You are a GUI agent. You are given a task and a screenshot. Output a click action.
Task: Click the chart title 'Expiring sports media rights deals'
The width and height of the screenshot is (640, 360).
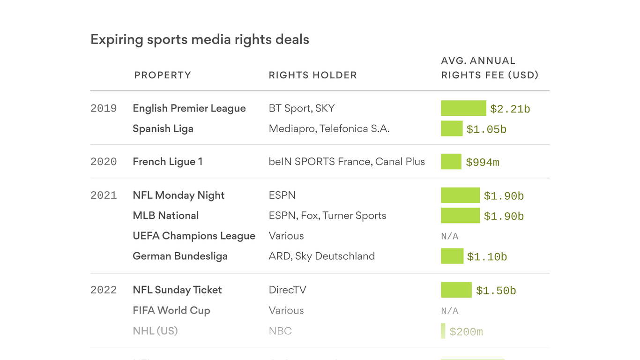click(x=200, y=39)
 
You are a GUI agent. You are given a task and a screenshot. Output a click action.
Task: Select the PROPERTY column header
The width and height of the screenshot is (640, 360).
click(x=163, y=75)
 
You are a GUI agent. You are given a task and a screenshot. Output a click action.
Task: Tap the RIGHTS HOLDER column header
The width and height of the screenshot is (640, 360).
click(x=313, y=75)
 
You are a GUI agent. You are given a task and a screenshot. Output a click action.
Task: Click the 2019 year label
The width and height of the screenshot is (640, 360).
click(x=104, y=108)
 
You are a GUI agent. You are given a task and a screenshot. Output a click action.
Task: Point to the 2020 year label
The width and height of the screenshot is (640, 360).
click(x=104, y=162)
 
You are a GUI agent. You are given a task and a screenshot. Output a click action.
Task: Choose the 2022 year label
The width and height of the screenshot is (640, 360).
click(x=104, y=290)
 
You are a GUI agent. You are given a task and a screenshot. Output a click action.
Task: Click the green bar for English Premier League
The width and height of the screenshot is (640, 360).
click(x=463, y=108)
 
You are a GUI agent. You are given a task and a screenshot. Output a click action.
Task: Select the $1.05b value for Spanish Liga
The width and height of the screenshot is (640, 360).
click(x=486, y=129)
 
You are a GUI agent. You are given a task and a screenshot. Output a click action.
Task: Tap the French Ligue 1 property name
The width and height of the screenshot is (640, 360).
click(x=168, y=162)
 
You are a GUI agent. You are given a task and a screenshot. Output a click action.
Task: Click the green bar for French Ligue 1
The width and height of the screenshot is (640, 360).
click(x=451, y=162)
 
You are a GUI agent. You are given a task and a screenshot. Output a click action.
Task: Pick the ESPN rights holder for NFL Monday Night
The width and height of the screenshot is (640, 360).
click(x=282, y=195)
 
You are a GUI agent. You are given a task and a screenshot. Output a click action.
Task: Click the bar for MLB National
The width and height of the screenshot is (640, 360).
click(x=460, y=216)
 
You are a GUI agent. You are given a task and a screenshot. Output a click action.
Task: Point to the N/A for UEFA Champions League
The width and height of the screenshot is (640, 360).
click(x=450, y=236)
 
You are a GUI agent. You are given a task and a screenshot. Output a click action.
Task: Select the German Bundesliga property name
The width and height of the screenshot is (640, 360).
click(x=180, y=256)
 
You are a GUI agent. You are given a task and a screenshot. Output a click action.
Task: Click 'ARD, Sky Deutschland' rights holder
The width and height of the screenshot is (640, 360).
click(x=321, y=256)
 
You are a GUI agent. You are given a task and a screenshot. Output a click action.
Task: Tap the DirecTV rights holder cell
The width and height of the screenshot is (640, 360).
click(x=287, y=290)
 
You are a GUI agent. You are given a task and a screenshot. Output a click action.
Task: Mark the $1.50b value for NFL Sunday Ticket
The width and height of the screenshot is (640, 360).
click(x=496, y=291)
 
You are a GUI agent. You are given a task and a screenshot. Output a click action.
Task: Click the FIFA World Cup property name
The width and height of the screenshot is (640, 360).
click(x=171, y=310)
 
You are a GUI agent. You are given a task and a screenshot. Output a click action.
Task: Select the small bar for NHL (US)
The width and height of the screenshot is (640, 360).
click(x=443, y=331)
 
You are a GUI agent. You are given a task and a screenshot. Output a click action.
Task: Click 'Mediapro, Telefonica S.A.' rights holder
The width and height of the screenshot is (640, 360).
click(x=329, y=129)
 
